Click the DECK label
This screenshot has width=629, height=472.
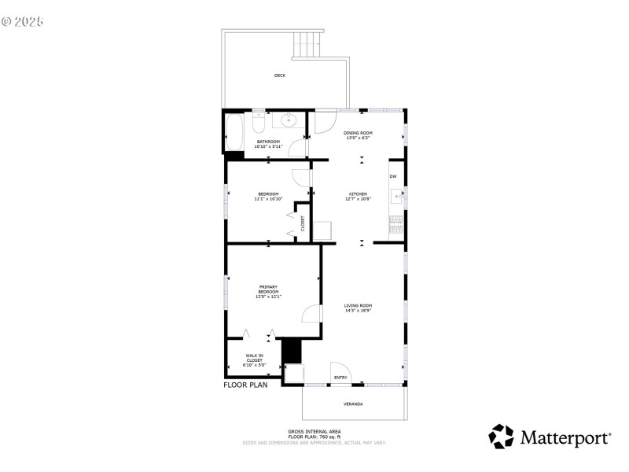(x=279, y=76)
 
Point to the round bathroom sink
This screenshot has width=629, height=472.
(x=289, y=121)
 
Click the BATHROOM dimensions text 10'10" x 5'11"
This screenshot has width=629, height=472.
(x=267, y=146)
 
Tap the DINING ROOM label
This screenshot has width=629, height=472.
(x=358, y=133)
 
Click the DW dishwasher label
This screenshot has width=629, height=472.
(x=393, y=176)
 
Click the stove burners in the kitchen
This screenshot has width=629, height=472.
(x=395, y=225)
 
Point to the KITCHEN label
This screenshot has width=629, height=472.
(x=358, y=194)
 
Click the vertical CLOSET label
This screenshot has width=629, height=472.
(x=302, y=223)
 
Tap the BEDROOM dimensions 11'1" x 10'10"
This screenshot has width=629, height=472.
(x=268, y=199)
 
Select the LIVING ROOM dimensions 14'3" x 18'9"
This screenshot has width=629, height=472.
(x=357, y=310)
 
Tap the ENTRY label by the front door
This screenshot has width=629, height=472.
(x=340, y=378)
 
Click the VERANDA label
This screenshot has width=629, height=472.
(x=353, y=404)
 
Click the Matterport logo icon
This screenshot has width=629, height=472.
(x=501, y=437)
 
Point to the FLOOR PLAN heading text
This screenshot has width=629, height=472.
(x=245, y=385)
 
